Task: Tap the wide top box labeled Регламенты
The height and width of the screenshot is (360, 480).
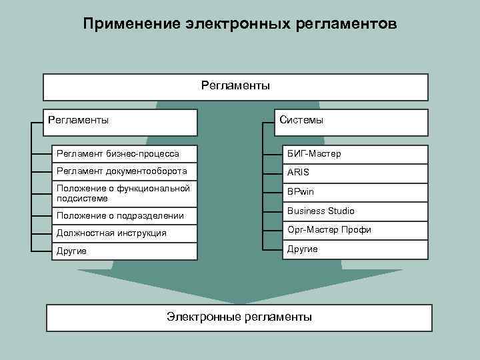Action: pyautogui.click(x=235, y=87)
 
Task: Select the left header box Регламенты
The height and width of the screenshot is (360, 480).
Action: pyautogui.click(x=120, y=122)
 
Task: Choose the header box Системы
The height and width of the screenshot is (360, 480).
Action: pyautogui.click(x=351, y=122)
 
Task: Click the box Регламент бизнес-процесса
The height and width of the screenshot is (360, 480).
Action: pyautogui.click(x=125, y=153)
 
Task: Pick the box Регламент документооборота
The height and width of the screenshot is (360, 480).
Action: pyautogui.click(x=125, y=171)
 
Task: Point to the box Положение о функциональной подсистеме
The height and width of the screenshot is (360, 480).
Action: pyautogui.click(x=125, y=193)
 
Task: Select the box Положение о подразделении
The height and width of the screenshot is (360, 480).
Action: pyautogui.click(x=125, y=215)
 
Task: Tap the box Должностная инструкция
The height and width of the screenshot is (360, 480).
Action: pyautogui.click(x=125, y=233)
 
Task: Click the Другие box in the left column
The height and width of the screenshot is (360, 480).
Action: pyautogui.click(x=125, y=251)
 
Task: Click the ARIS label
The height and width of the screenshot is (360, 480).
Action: pyautogui.click(x=298, y=172)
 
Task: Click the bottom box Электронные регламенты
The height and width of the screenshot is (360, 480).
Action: pyautogui.click(x=239, y=317)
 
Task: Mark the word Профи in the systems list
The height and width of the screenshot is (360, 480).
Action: pyautogui.click(x=359, y=230)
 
